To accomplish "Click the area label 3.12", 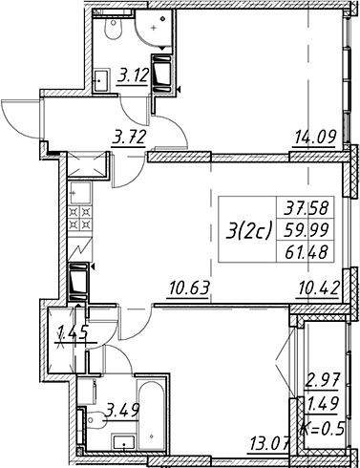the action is (x=134, y=76).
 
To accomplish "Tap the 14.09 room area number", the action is (x=315, y=138).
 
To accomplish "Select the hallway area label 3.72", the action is (x=129, y=138).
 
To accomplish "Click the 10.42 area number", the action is (x=318, y=288).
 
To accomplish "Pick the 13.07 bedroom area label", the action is (x=270, y=441).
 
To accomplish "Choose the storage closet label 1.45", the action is (x=73, y=334).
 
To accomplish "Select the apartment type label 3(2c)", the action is (x=249, y=231).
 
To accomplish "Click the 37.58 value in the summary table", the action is (x=307, y=209).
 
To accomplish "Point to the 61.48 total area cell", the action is (x=307, y=253).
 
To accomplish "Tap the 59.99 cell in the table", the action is (x=307, y=231).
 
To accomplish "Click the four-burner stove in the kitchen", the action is (x=80, y=218).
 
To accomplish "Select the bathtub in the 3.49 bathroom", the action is (x=151, y=414).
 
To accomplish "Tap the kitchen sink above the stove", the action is (x=80, y=193).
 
